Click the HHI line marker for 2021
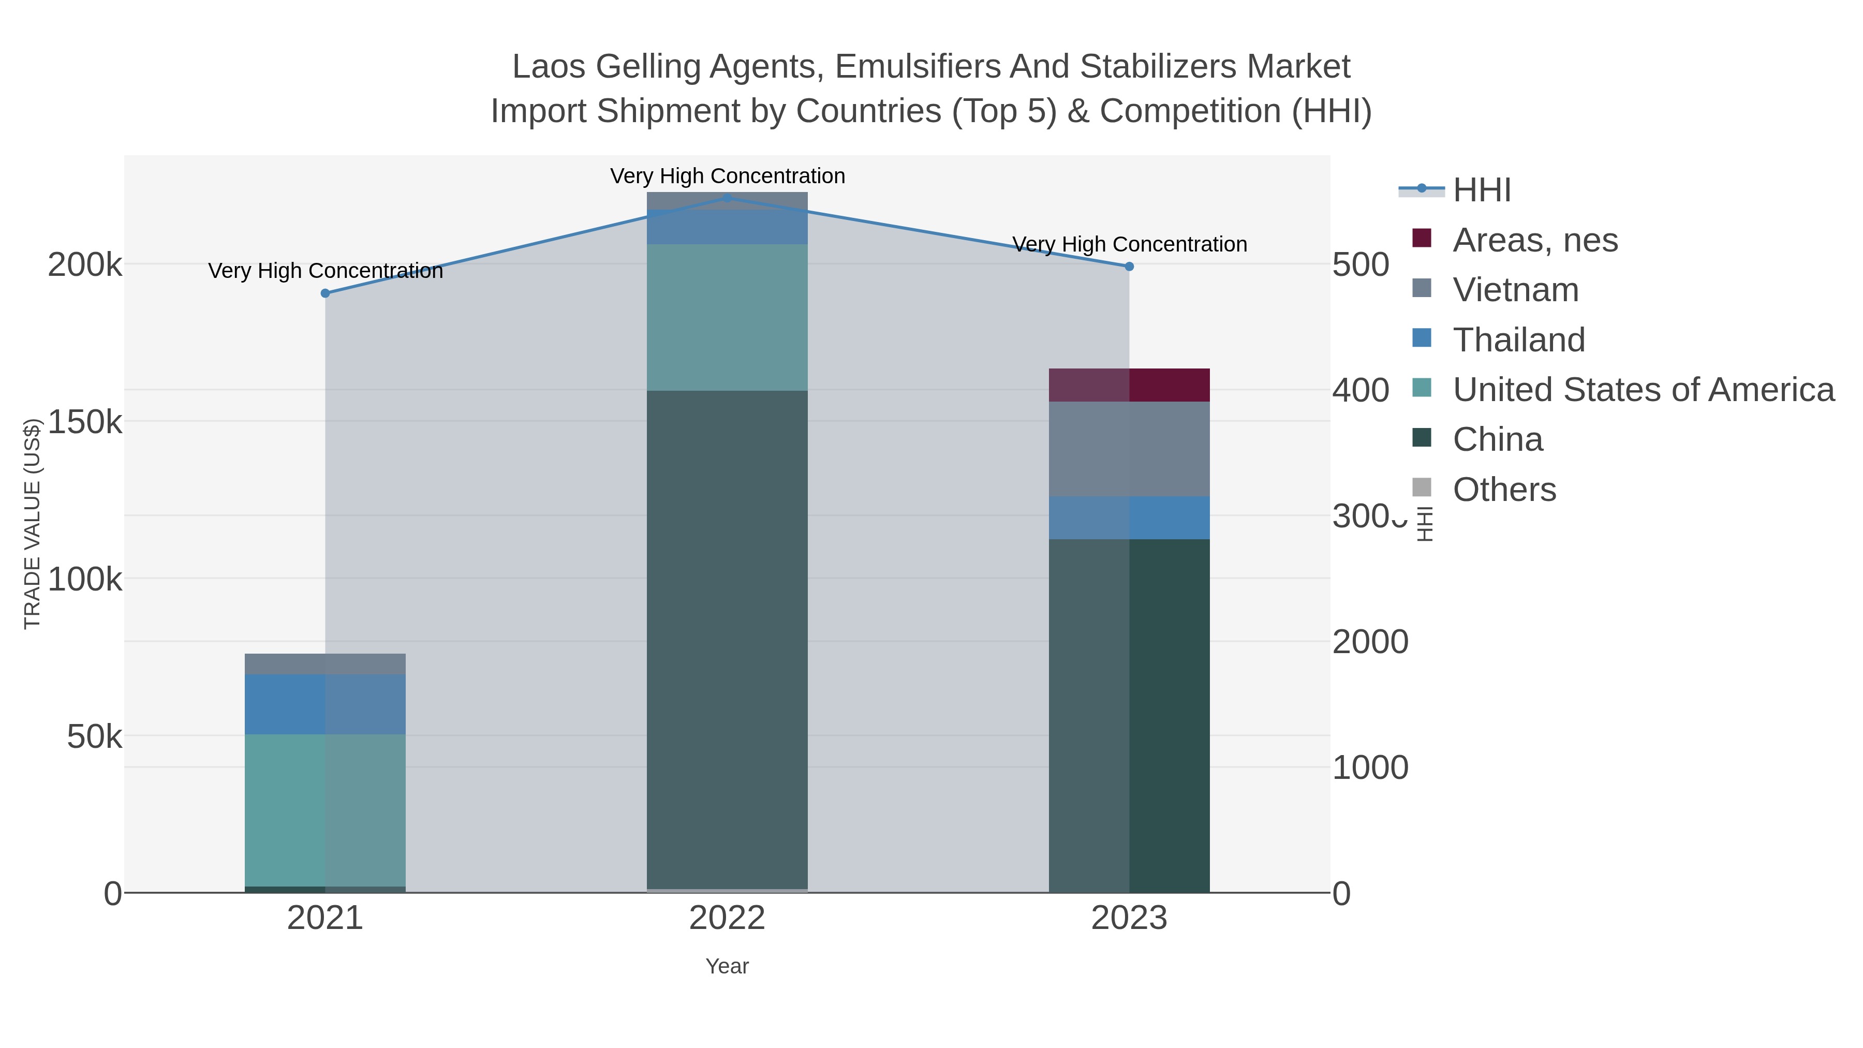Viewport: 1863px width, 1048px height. pyautogui.click(x=326, y=293)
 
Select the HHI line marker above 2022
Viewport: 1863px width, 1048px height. pyautogui.click(x=728, y=198)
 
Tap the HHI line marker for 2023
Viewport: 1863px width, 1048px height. pyautogui.click(x=1129, y=266)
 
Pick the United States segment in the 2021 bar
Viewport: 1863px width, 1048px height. pyautogui.click(x=326, y=810)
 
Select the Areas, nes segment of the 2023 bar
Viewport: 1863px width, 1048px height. pyautogui.click(x=1129, y=385)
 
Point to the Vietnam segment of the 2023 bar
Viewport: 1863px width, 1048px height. pyautogui.click(x=1129, y=448)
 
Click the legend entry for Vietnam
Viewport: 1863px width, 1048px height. pyautogui.click(x=1515, y=290)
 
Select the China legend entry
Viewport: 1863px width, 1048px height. pyautogui.click(x=1497, y=440)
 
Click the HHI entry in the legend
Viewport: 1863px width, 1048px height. pyautogui.click(x=1481, y=190)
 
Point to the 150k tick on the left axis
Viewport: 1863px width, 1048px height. pyautogui.click(x=85, y=422)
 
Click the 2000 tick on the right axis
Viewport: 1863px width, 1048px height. pyautogui.click(x=1370, y=642)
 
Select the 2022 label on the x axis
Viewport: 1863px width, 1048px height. pyautogui.click(x=727, y=919)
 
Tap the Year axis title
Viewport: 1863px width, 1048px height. pyautogui.click(x=727, y=966)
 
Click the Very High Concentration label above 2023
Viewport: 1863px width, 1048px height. pyautogui.click(x=1129, y=244)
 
